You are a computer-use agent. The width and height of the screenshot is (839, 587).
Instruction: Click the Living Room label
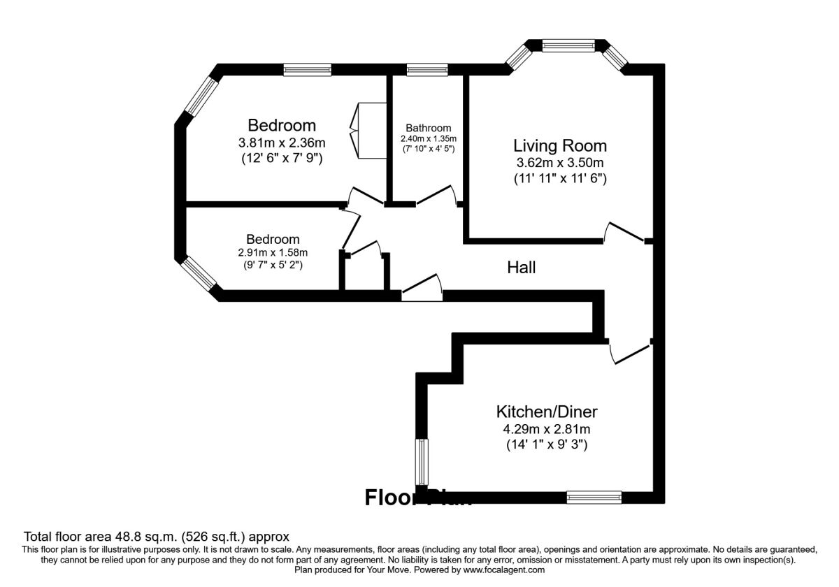560,146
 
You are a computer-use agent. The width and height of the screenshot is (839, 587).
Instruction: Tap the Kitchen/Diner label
547,411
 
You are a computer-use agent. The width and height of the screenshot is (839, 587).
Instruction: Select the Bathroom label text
428,128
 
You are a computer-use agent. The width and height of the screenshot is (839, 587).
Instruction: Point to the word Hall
522,267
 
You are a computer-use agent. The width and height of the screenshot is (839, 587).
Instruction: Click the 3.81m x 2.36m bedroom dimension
282,143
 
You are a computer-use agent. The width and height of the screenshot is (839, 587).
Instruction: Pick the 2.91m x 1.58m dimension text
273,252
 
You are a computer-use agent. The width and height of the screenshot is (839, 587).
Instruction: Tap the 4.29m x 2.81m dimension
547,428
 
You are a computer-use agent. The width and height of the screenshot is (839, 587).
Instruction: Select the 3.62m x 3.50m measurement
560,163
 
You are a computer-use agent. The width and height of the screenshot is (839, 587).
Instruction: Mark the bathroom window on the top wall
427,69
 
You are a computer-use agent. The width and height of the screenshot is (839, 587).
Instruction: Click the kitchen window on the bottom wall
594,497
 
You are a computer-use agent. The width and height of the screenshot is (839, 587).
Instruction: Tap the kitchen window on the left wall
422,461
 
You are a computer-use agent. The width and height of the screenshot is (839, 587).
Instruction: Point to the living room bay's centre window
568,45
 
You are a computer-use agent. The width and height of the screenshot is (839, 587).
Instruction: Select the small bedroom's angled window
201,274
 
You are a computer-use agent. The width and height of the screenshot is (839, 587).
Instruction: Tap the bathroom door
437,196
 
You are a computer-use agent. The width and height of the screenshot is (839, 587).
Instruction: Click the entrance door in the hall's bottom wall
422,289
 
